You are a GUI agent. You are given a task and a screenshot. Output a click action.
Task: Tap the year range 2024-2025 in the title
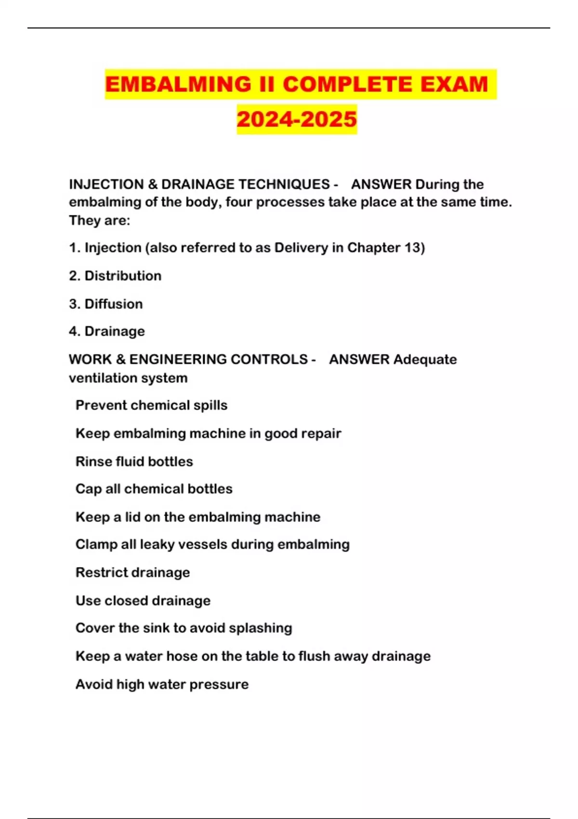click(297, 119)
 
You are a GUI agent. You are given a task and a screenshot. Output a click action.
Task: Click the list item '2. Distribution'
click(115, 276)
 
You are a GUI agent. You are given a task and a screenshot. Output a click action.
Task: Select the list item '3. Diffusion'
click(106, 304)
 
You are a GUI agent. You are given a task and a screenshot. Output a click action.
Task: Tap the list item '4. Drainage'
click(107, 331)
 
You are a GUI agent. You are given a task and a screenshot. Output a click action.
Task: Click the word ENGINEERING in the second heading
click(218, 359)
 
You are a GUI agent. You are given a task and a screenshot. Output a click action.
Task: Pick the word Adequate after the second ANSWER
click(425, 359)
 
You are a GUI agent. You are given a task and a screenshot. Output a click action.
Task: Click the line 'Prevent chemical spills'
click(151, 405)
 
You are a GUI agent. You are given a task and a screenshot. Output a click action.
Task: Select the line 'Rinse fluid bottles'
click(134, 462)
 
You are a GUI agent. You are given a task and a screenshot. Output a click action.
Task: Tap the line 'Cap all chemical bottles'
click(154, 489)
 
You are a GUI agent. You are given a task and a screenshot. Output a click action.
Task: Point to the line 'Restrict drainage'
click(132, 572)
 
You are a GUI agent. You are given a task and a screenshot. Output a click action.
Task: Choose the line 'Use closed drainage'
click(143, 601)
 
